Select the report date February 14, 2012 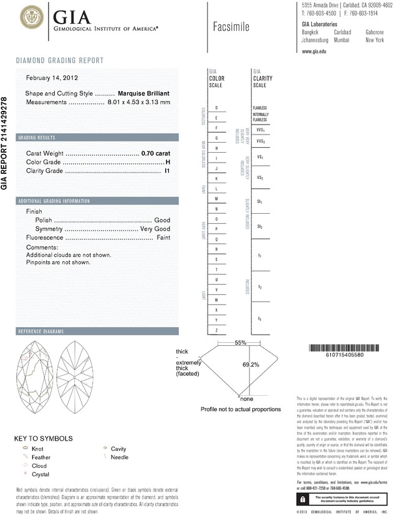coord(51,78)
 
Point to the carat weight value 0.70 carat coord(156,153)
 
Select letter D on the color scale coord(216,108)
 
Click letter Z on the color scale coord(216,329)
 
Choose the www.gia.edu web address coord(314,51)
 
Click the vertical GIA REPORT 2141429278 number coord(6,143)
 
